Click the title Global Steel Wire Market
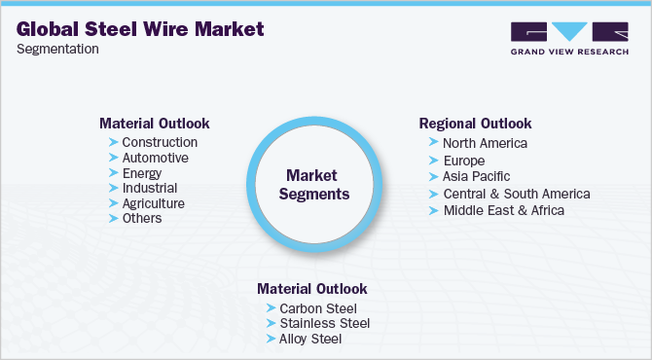[x=140, y=29]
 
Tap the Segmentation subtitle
[x=57, y=49]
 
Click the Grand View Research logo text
[x=569, y=52]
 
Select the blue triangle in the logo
[x=569, y=31]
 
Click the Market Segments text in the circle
[x=314, y=185]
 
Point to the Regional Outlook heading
[x=475, y=124]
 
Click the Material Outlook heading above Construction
[x=155, y=124]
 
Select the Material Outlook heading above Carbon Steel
[x=311, y=289]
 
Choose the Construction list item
[x=160, y=142]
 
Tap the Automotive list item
[x=155, y=158]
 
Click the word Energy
[x=142, y=173]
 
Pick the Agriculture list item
[x=154, y=203]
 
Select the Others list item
[x=142, y=218]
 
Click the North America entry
[x=485, y=143]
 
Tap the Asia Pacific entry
[x=476, y=177]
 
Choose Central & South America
[x=517, y=194]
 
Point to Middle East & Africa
[x=504, y=210]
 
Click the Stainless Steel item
[x=325, y=323]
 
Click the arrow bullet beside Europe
[x=434, y=161]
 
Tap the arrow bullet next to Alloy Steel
[x=272, y=339]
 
